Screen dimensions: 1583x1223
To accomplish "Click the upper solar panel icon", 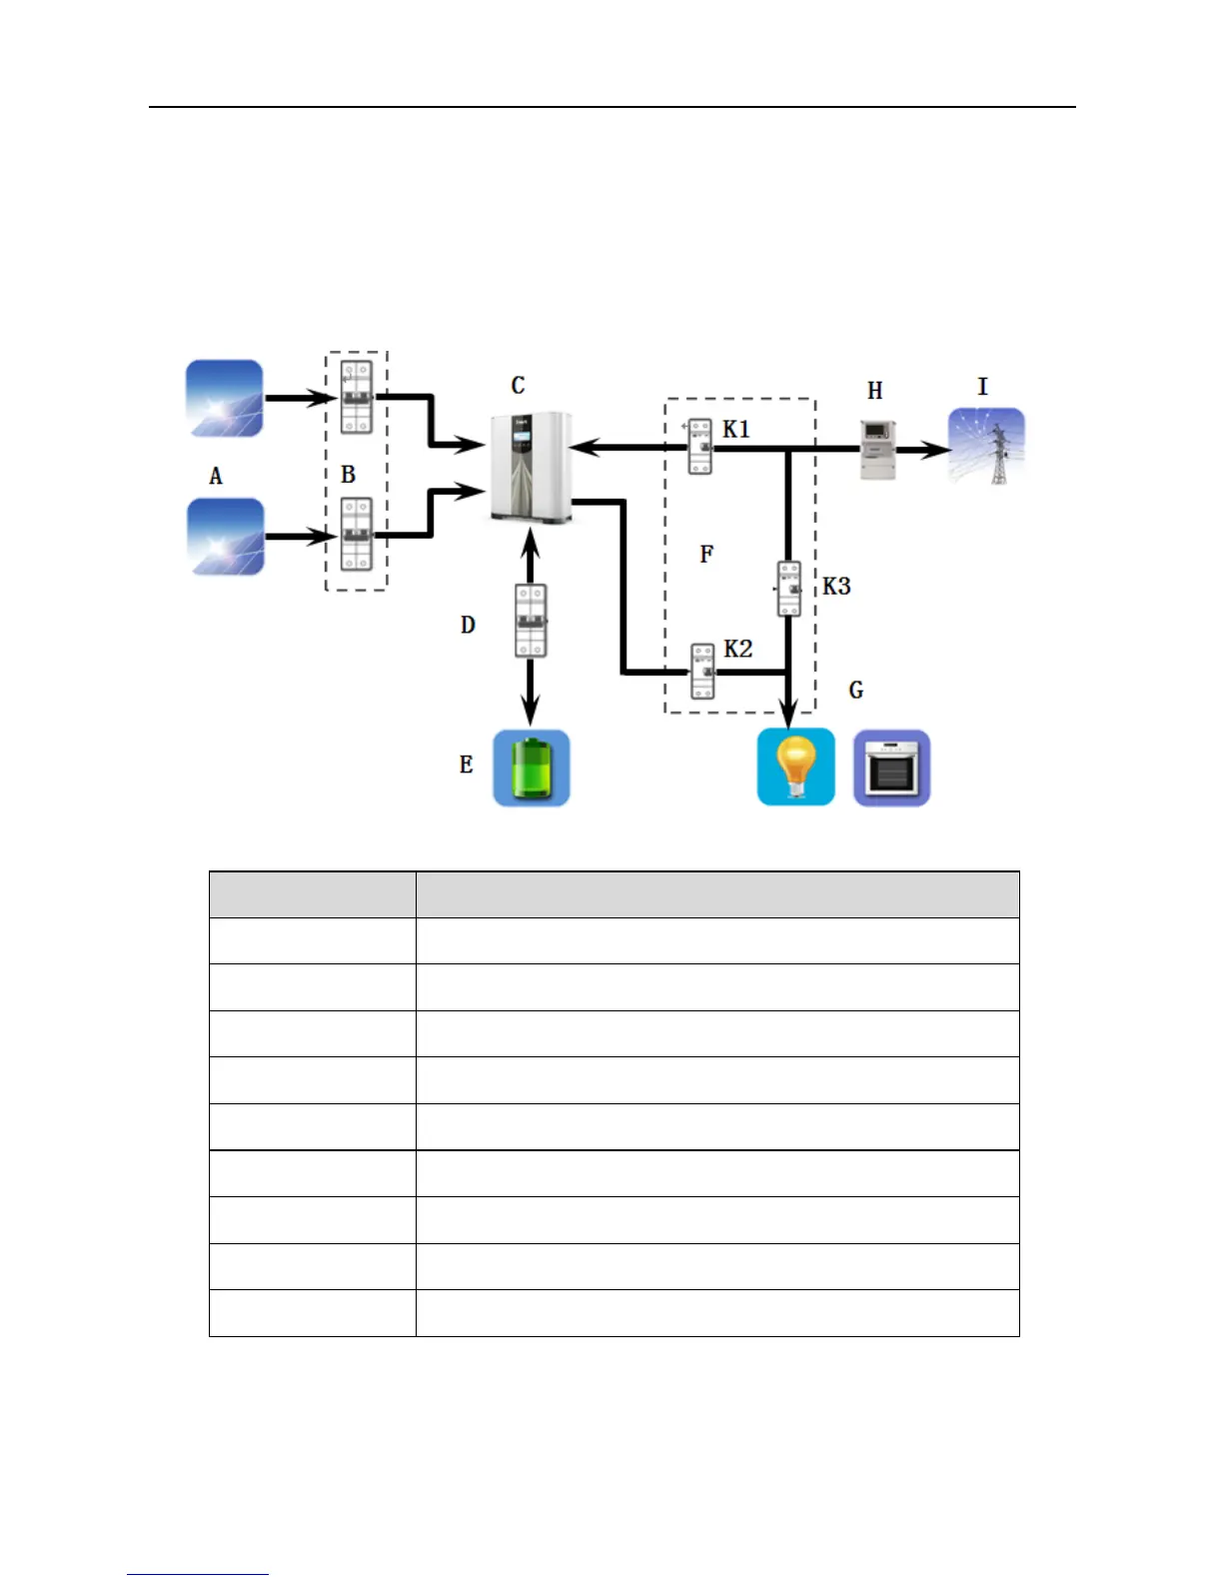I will pyautogui.click(x=225, y=398).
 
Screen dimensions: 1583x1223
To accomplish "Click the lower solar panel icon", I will pyautogui.click(x=226, y=536).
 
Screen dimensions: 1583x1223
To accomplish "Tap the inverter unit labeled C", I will pyautogui.click(x=530, y=467).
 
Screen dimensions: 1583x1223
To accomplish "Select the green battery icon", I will pyautogui.click(x=532, y=768).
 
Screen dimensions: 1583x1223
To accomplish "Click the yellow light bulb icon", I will pyautogui.click(x=795, y=767).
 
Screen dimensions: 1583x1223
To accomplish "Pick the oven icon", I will pyautogui.click(x=891, y=768).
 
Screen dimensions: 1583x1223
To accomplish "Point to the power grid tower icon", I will pyautogui.click(x=986, y=447).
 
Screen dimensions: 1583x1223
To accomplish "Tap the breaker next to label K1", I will pyautogui.click(x=700, y=447).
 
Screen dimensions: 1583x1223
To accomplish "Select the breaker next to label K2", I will pyautogui.click(x=703, y=671).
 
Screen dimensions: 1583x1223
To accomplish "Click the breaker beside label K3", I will pyautogui.click(x=789, y=589).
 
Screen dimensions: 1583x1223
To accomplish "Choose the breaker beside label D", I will pyautogui.click(x=531, y=621).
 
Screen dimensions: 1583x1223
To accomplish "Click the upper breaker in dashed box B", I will pyautogui.click(x=357, y=398).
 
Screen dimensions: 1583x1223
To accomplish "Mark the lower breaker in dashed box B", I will pyautogui.click(x=357, y=535).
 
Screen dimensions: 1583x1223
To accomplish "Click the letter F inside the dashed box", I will pyautogui.click(x=707, y=554).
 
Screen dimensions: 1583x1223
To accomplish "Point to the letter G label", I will pyautogui.click(x=856, y=690).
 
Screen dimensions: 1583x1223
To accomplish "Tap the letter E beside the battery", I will pyautogui.click(x=466, y=765).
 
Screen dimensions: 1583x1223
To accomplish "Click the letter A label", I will pyautogui.click(x=216, y=476).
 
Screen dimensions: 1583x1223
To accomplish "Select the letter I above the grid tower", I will pyautogui.click(x=982, y=387).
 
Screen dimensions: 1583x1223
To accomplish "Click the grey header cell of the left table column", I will pyautogui.click(x=312, y=894).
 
